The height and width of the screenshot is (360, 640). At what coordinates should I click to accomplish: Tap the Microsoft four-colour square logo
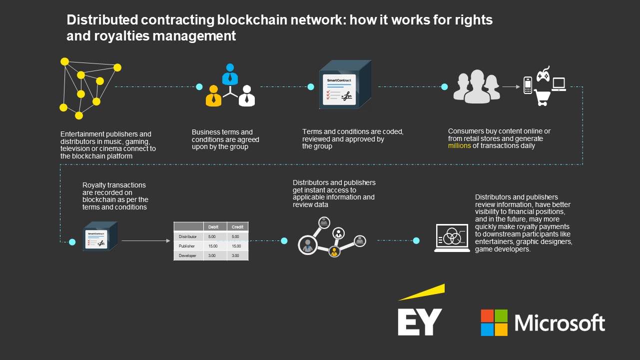tap(494, 322)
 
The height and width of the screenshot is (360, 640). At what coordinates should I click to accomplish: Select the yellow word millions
tap(463, 146)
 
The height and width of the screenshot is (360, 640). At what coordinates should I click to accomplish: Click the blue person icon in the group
tap(230, 75)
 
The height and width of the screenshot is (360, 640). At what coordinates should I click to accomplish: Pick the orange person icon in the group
tap(213, 95)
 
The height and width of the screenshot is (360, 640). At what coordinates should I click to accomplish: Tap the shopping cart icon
tap(542, 97)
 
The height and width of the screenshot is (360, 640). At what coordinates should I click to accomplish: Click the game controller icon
tap(543, 74)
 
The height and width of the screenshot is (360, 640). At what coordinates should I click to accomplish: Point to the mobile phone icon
tap(527, 85)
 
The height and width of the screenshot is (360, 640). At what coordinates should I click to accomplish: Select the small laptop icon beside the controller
tap(559, 84)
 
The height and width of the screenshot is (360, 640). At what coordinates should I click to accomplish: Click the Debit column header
tap(213, 227)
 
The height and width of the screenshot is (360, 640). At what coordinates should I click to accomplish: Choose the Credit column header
tap(237, 227)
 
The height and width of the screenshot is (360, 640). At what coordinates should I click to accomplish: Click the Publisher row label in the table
tap(188, 246)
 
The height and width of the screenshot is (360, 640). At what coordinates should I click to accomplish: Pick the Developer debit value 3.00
tap(212, 255)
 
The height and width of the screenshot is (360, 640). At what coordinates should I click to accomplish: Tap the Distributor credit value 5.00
tap(236, 236)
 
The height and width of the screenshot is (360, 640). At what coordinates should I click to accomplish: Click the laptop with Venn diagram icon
tap(452, 238)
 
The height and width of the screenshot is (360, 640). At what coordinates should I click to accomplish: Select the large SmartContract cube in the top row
tap(344, 85)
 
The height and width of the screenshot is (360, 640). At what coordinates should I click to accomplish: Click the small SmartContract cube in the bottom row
tap(99, 236)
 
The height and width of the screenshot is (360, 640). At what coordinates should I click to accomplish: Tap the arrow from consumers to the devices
tap(511, 86)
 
